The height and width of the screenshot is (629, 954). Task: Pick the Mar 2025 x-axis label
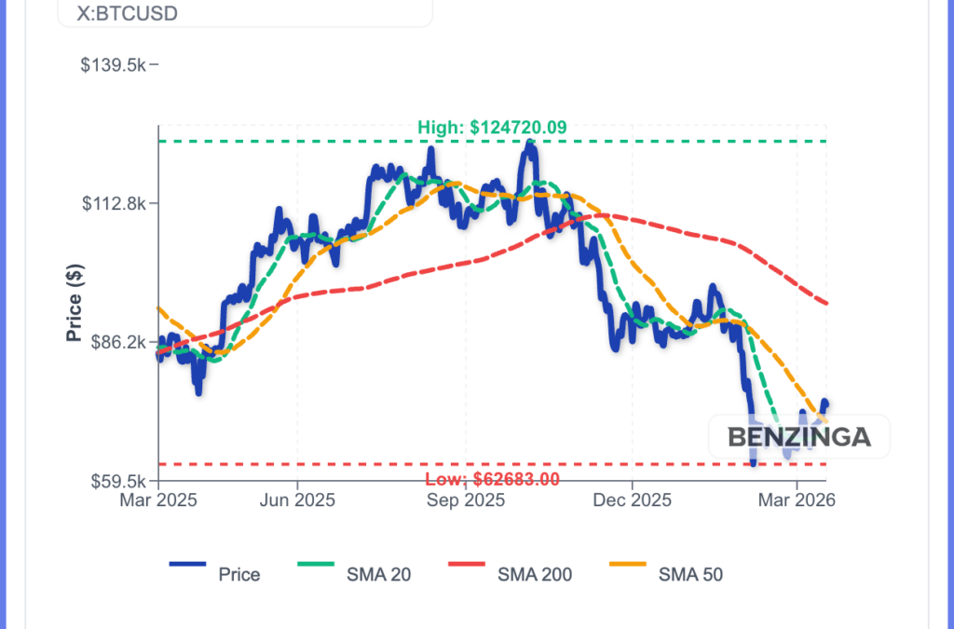click(158, 500)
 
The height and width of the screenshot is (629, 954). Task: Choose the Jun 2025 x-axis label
click(297, 500)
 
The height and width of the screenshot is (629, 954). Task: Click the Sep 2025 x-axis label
click(465, 500)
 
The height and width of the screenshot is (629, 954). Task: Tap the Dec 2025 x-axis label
click(632, 500)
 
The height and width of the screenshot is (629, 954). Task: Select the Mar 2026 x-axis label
click(797, 500)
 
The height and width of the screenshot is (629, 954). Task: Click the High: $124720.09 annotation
click(492, 128)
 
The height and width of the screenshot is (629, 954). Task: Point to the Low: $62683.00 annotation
click(492, 480)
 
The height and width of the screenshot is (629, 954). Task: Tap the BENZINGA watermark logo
click(798, 436)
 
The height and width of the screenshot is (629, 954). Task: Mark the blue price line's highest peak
click(529, 143)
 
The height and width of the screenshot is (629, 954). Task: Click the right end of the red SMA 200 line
click(827, 303)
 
